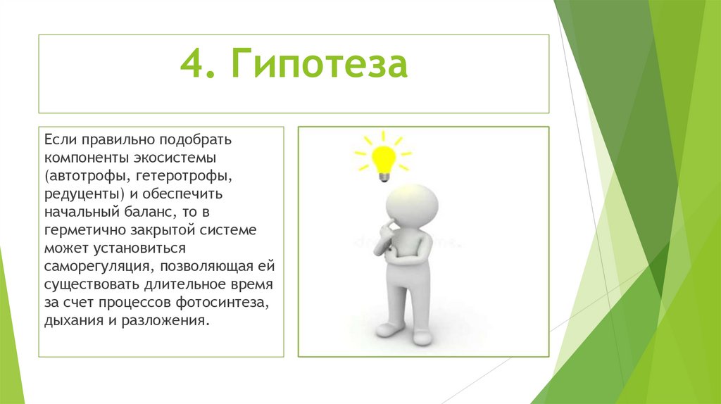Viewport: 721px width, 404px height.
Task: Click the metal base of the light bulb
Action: coord(384,176)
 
